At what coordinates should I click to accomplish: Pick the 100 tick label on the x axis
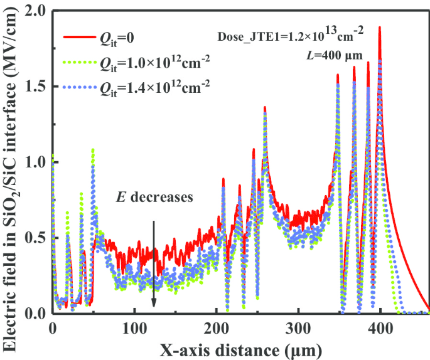click(134, 328)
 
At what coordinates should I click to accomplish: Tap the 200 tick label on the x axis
click(216, 328)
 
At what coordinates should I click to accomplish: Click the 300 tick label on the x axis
click(298, 328)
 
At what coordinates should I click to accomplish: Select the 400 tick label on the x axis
click(380, 328)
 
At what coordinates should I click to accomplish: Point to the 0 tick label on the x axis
click(53, 328)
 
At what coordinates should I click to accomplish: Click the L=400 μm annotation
click(331, 55)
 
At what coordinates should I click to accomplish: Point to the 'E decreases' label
click(155, 197)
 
